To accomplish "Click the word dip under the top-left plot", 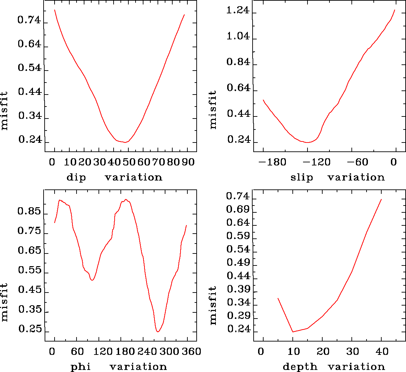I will pos(76,177).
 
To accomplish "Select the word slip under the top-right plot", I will pos(302,177).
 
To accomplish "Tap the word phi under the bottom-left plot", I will pos(81,367).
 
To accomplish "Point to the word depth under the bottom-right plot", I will pos(300,367).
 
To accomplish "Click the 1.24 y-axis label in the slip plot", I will pos(238,11).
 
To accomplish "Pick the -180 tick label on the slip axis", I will pos(272,162).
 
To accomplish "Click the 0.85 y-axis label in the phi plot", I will pos(29,211).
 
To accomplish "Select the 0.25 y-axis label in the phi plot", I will pos(30,329).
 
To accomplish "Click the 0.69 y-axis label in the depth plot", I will pos(238,209).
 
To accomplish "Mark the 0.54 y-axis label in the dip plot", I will pos(29,68).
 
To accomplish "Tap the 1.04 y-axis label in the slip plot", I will pos(238,36).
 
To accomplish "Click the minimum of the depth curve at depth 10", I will pos(293,332).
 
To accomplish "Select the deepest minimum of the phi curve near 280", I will pos(158,332).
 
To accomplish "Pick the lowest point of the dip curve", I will pos(125,142).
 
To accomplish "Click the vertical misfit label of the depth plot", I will pos(213,306).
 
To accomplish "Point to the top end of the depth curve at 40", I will pos(381,199).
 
